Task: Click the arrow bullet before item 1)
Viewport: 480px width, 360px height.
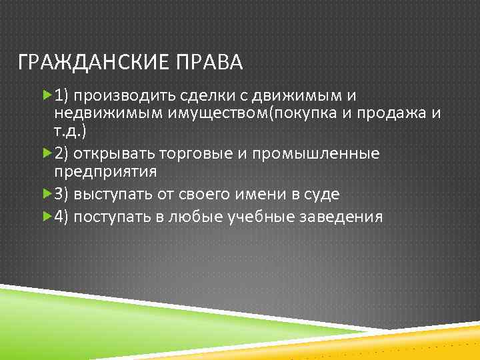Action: click(x=46, y=96)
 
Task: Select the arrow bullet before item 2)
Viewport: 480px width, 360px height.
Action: click(x=46, y=154)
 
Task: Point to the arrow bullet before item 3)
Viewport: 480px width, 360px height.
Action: click(x=46, y=195)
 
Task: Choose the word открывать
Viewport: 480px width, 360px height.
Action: click(x=115, y=155)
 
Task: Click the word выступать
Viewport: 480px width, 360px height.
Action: click(x=113, y=195)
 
